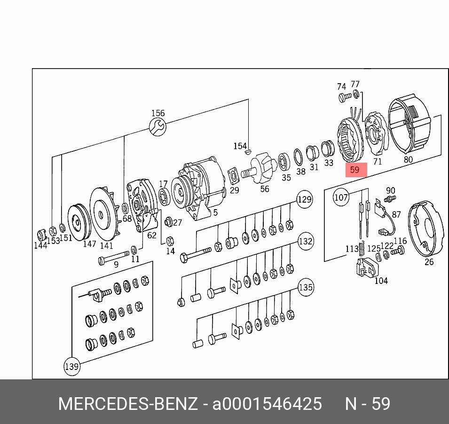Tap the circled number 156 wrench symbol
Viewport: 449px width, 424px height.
(158, 126)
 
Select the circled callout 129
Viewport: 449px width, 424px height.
(305, 199)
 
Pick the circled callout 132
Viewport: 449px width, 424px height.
(305, 242)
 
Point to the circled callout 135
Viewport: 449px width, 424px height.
(305, 287)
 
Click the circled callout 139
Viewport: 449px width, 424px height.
(71, 366)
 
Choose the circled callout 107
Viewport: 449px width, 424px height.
(341, 197)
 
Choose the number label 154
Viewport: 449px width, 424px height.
(240, 146)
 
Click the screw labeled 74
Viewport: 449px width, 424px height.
(343, 98)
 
